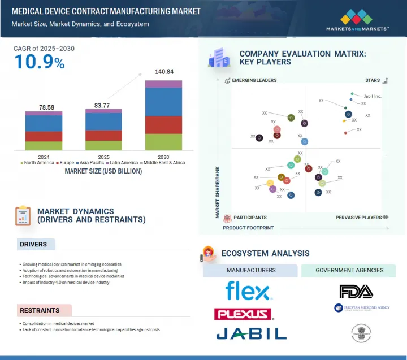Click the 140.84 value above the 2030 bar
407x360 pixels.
click(163, 72)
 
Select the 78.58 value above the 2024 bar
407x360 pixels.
click(44, 107)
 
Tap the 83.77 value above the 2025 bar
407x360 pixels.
click(103, 105)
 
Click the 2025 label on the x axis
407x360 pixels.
click(103, 156)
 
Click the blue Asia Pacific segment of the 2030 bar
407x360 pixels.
click(163, 102)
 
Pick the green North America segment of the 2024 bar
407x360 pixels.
click(44, 146)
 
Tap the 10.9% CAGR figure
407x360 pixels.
click(39, 62)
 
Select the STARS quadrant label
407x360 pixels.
click(372, 80)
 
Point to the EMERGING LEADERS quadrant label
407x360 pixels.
click(254, 80)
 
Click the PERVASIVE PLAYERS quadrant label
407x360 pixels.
click(358, 218)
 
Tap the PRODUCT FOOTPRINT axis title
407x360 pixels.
click(248, 228)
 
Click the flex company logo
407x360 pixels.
click(249, 291)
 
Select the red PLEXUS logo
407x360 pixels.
click(243, 314)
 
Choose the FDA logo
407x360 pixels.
click(356, 292)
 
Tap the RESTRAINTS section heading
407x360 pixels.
click(40, 310)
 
